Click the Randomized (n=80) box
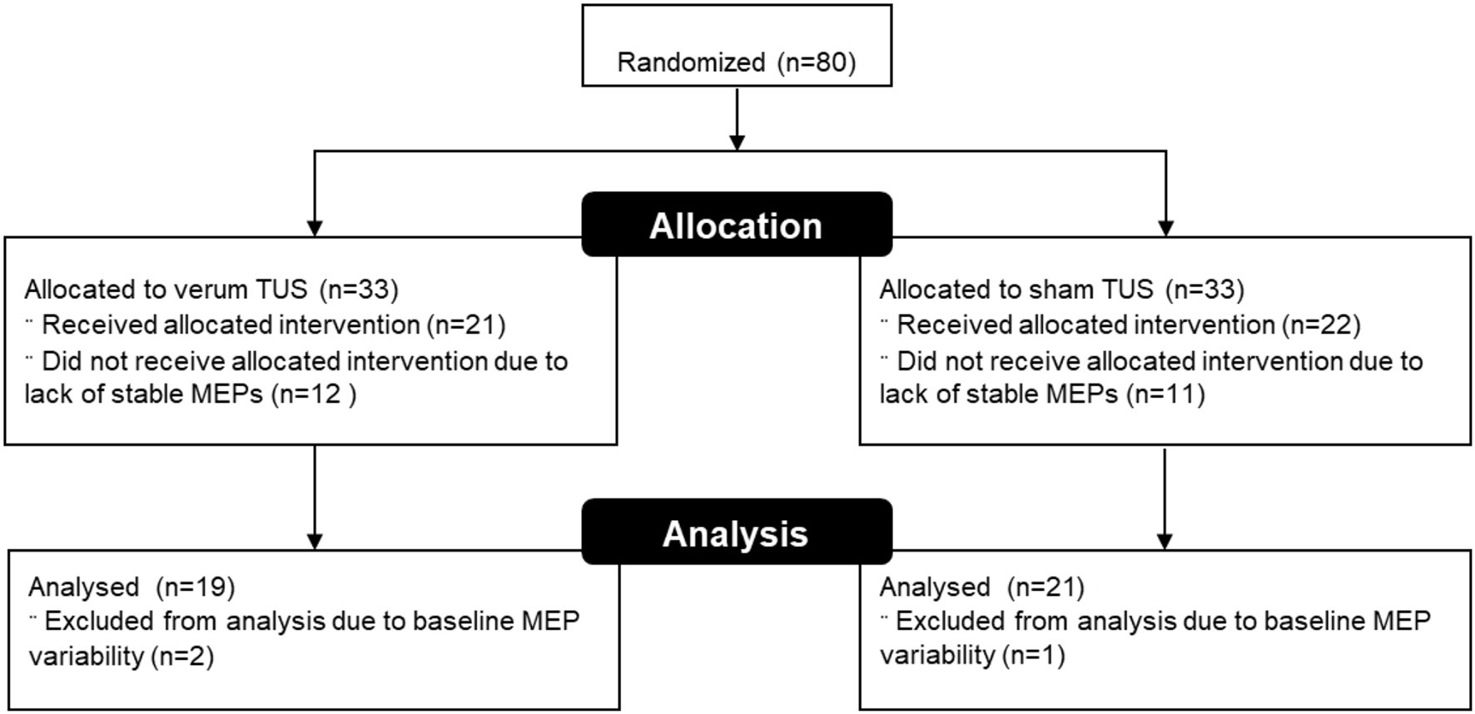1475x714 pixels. (x=737, y=47)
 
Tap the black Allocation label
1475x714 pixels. (x=737, y=225)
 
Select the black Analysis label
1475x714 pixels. (x=737, y=533)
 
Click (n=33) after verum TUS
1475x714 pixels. (x=360, y=290)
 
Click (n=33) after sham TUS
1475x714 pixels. (x=1204, y=290)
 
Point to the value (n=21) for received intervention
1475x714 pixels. (x=466, y=325)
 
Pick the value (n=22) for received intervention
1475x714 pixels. (x=1321, y=325)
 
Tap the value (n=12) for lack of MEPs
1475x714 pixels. (x=315, y=394)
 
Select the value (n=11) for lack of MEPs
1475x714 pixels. (x=1165, y=394)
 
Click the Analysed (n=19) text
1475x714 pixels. (x=132, y=588)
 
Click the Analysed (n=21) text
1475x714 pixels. (x=981, y=588)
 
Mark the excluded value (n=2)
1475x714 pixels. (x=182, y=657)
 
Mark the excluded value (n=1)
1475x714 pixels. (x=1033, y=656)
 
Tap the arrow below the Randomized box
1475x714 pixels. (x=737, y=118)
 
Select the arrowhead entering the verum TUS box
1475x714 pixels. (x=315, y=227)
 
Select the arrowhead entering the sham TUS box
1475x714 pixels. (x=1165, y=227)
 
